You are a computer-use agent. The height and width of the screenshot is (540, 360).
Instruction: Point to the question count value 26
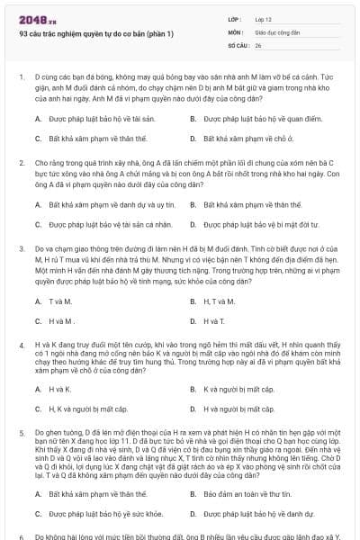pos(258,44)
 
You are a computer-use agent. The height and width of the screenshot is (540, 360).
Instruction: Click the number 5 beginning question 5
pos(21,432)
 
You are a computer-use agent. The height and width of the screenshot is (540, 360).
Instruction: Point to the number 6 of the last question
pos(21,536)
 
